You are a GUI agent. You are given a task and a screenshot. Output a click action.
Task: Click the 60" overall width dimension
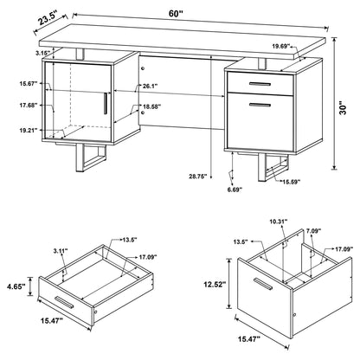[177, 13]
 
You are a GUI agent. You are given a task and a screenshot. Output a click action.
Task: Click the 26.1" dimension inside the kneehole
[149, 85]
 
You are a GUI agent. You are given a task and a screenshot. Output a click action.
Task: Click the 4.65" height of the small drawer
[15, 283]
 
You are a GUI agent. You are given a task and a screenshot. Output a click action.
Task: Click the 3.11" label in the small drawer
[61, 251]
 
